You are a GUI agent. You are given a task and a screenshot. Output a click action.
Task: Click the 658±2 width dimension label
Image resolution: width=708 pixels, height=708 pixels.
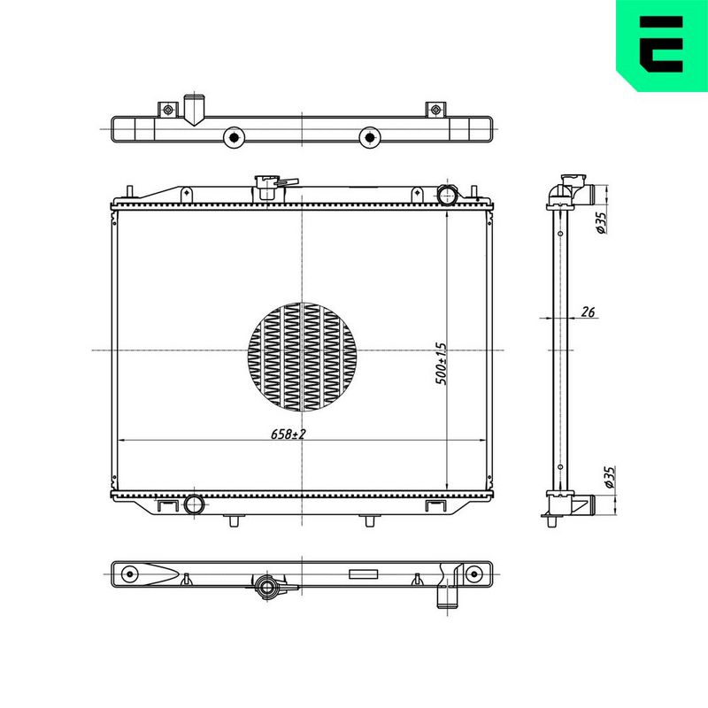click(x=289, y=434)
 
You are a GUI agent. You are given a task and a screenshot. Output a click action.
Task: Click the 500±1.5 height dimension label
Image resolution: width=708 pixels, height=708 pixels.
click(x=441, y=364)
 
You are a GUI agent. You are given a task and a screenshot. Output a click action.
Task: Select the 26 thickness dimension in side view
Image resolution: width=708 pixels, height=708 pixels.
click(x=588, y=312)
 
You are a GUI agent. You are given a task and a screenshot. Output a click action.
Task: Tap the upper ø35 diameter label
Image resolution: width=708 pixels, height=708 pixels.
click(x=601, y=223)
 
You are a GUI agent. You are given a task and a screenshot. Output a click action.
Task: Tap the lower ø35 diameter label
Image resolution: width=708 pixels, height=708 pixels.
click(x=610, y=477)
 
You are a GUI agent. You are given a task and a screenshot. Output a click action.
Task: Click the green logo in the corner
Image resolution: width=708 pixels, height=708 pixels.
click(x=662, y=45)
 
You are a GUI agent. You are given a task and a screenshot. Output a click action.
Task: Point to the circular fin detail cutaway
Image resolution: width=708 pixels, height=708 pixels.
click(x=302, y=358)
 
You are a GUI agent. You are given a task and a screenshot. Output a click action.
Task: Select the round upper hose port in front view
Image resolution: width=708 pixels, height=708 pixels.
click(x=448, y=195)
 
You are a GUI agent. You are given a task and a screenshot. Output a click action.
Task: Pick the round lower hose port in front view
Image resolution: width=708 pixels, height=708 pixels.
click(x=194, y=504)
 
